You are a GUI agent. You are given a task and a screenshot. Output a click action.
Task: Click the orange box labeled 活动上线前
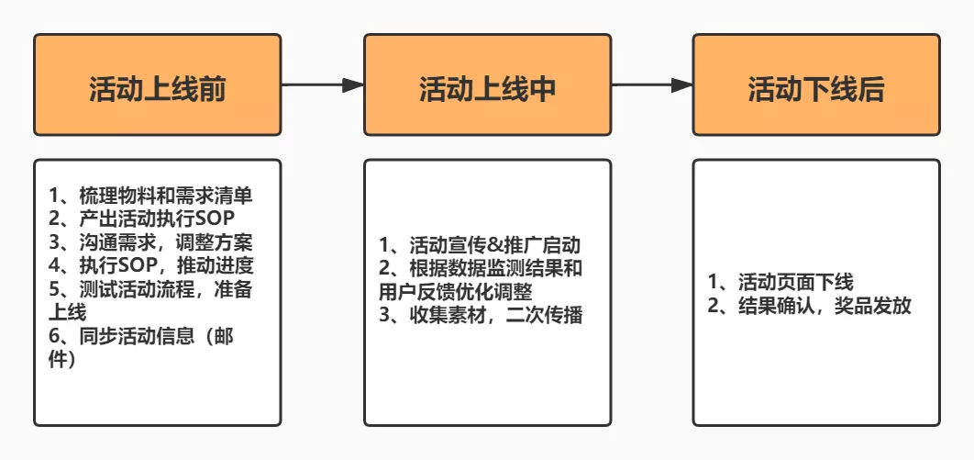(x=157, y=84)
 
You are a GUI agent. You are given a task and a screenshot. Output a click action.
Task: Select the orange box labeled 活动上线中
(x=487, y=84)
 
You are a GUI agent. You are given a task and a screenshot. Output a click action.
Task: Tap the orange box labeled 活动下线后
(x=816, y=84)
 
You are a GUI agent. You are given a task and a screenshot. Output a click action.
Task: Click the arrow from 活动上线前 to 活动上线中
(x=322, y=84)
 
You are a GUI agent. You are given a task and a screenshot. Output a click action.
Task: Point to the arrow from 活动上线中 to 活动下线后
(x=651, y=84)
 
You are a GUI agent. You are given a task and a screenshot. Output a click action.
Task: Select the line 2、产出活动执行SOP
(x=143, y=219)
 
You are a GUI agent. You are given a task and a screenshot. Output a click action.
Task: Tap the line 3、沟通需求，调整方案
(x=150, y=242)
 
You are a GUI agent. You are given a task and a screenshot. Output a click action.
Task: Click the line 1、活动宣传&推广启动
(x=481, y=245)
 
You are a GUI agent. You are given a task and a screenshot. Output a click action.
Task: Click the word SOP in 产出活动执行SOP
(x=216, y=219)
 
